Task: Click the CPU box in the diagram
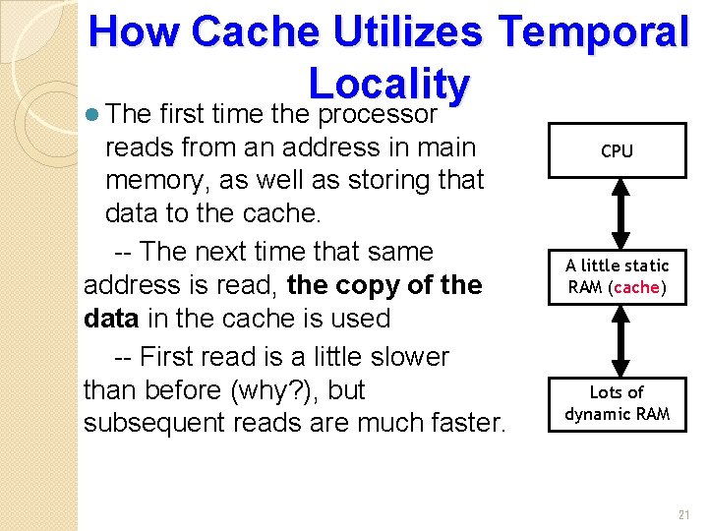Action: (x=617, y=150)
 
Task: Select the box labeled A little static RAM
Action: (x=617, y=276)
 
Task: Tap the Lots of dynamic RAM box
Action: (x=617, y=403)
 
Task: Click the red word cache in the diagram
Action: (x=637, y=287)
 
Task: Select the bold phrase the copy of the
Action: (x=384, y=285)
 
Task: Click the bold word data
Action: (x=111, y=319)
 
